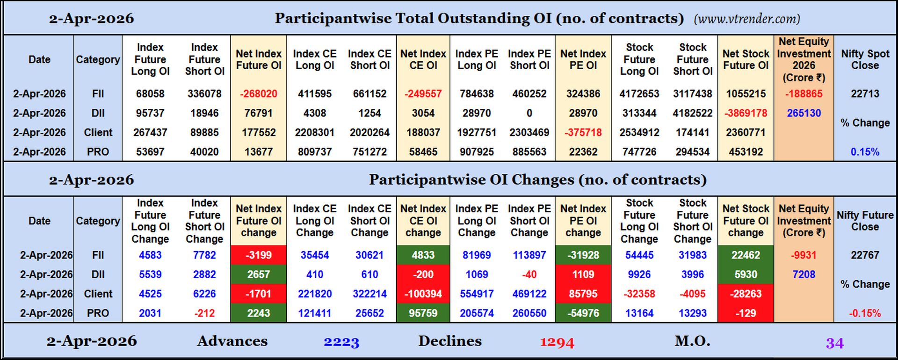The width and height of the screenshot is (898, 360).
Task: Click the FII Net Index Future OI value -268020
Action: [259, 94]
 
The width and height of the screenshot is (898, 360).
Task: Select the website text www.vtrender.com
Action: [747, 19]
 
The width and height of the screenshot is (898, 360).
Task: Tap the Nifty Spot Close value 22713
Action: [865, 94]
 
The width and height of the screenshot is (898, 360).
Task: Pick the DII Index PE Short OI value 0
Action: [529, 113]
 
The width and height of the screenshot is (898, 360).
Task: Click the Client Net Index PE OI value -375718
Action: [583, 132]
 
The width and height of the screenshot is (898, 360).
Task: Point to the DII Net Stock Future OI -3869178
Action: [746, 113]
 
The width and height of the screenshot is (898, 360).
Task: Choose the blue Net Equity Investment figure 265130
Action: [804, 113]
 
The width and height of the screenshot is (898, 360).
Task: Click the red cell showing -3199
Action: [258, 255]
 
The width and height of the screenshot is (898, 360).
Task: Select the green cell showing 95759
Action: [423, 313]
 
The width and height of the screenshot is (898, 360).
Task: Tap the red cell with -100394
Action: [423, 294]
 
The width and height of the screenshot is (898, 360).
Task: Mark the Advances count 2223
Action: [341, 342]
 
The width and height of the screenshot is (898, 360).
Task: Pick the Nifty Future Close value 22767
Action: [865, 255]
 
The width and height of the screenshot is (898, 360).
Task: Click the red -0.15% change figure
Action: [865, 313]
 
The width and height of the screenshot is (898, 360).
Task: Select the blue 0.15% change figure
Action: [865, 152]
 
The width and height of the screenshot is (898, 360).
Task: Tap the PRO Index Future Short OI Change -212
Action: [204, 313]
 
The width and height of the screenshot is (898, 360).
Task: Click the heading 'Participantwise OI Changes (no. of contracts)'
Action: [537, 180]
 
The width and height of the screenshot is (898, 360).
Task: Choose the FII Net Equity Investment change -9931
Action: [804, 255]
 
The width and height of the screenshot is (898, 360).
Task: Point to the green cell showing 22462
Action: [746, 255]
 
